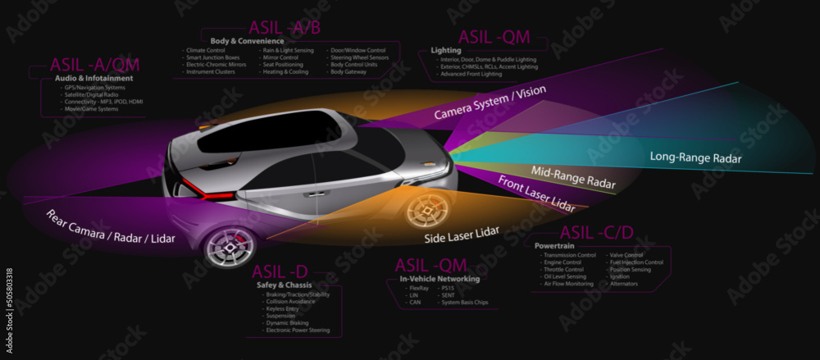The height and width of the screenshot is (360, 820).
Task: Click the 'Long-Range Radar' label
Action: (695, 157)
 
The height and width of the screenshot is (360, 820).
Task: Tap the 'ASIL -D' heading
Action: (280, 271)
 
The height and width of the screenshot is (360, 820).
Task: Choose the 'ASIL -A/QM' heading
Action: (95, 65)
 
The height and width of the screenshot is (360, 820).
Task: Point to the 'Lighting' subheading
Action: (446, 50)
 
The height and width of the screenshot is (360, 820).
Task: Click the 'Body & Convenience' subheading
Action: (247, 40)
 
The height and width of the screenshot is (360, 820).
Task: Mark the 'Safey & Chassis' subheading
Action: (280, 285)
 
